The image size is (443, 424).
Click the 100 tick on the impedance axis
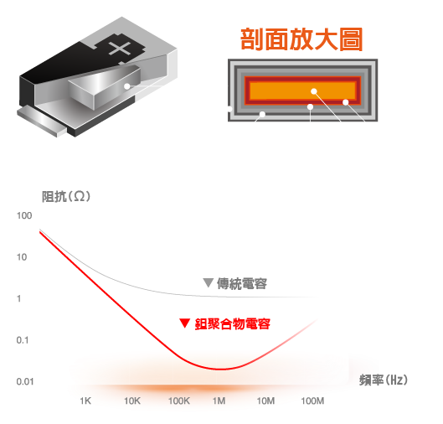click(24, 215)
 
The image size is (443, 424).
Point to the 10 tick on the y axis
click(22, 257)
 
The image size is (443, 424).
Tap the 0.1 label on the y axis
click(23, 340)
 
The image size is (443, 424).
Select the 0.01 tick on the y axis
click(25, 381)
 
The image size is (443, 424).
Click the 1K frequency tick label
click(85, 401)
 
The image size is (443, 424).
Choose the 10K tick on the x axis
click(132, 401)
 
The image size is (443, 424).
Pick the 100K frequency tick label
click(179, 401)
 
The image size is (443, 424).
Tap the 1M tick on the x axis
click(219, 401)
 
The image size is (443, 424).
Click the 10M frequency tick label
click(265, 401)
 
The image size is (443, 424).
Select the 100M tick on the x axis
click(312, 401)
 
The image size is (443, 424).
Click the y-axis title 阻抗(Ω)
click(66, 197)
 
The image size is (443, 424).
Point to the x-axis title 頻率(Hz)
click(384, 380)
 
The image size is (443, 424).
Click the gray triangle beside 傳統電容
click(209, 282)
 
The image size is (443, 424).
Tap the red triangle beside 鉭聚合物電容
click(184, 323)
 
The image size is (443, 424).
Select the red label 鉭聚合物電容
click(233, 324)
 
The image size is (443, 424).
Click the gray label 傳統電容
click(242, 284)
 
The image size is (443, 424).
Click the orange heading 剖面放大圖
click(301, 39)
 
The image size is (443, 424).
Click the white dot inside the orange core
click(314, 91)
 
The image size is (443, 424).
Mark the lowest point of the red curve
click(222, 369)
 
